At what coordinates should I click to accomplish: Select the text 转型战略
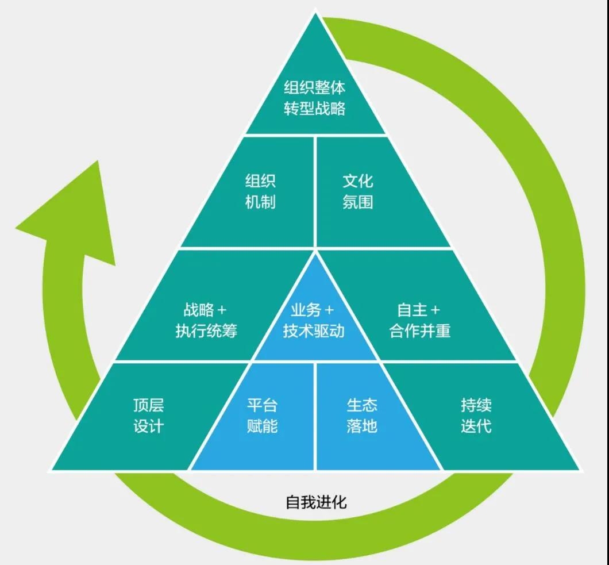(315, 109)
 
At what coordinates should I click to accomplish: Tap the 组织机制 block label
(260, 191)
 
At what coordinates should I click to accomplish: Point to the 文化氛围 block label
(358, 191)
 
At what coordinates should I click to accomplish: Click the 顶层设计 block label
(149, 416)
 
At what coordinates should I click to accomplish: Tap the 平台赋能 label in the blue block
(262, 416)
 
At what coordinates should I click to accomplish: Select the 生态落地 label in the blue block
(362, 416)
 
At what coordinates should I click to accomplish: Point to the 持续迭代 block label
(476, 416)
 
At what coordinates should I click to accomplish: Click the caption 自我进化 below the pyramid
(317, 502)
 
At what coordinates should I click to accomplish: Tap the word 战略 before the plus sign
(199, 310)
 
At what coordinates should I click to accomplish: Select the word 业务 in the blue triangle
(306, 310)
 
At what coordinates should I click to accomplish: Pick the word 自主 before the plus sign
(412, 310)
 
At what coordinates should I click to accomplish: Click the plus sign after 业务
(329, 310)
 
